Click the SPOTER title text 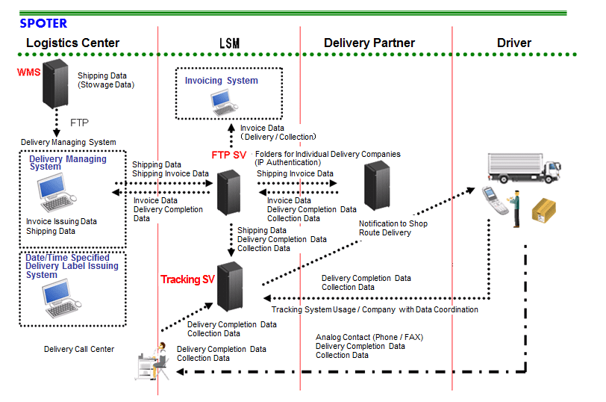(43, 23)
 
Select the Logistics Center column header (72, 43)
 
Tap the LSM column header (229, 43)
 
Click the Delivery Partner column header (369, 43)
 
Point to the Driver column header (513, 43)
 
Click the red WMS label (28, 72)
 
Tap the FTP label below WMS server (79, 121)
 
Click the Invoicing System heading (222, 81)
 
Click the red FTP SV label (228, 155)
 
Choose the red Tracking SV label (187, 279)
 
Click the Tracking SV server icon (228, 286)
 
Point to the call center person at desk (153, 362)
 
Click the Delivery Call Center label (79, 349)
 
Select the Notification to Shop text (393, 223)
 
